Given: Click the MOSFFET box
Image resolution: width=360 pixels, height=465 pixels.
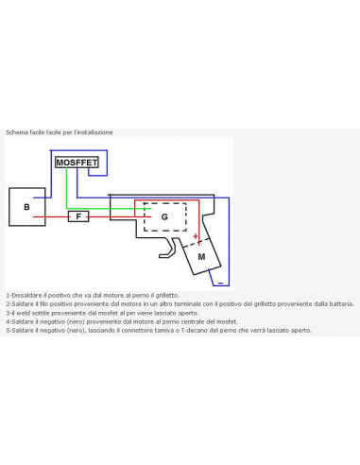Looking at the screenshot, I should (77, 163).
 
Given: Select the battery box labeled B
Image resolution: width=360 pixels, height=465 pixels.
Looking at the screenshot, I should (26, 206).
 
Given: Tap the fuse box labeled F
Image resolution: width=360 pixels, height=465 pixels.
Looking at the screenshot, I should (79, 216).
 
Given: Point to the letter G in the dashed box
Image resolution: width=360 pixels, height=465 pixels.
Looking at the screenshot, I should (164, 216).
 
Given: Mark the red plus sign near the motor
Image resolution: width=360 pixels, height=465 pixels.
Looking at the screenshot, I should (196, 236).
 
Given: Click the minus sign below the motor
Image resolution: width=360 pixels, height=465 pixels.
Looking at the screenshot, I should (219, 281).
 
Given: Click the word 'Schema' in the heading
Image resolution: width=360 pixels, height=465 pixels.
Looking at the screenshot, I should (15, 132).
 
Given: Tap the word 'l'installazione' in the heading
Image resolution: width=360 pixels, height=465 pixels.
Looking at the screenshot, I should (94, 132).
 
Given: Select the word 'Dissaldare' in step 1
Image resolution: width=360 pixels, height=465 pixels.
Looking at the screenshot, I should (26, 296).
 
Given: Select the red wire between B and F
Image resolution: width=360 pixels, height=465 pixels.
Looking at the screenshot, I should (52, 216).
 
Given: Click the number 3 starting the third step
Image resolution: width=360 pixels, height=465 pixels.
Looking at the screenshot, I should (7, 313).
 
